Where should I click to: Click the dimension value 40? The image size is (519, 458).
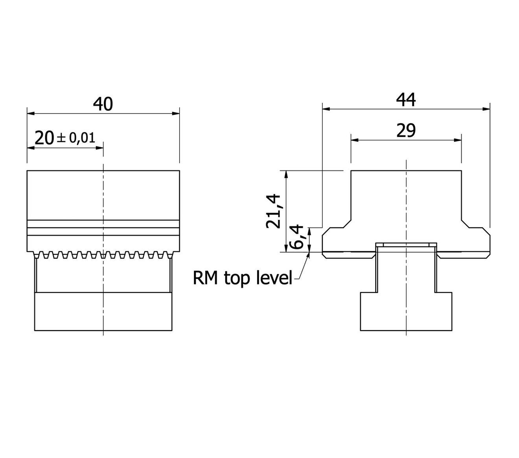pos(103,104)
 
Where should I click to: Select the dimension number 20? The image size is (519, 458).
pos(44,138)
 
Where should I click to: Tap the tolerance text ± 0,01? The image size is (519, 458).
pos(76,138)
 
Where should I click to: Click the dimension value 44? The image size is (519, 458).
pos(406,100)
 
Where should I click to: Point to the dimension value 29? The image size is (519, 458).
pos(406,131)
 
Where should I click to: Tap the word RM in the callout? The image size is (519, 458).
pos(206,278)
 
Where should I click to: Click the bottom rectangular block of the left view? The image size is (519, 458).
pos(103,311)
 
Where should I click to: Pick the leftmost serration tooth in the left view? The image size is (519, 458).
pos(38,255)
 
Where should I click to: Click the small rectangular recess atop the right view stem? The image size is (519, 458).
pos(406,245)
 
